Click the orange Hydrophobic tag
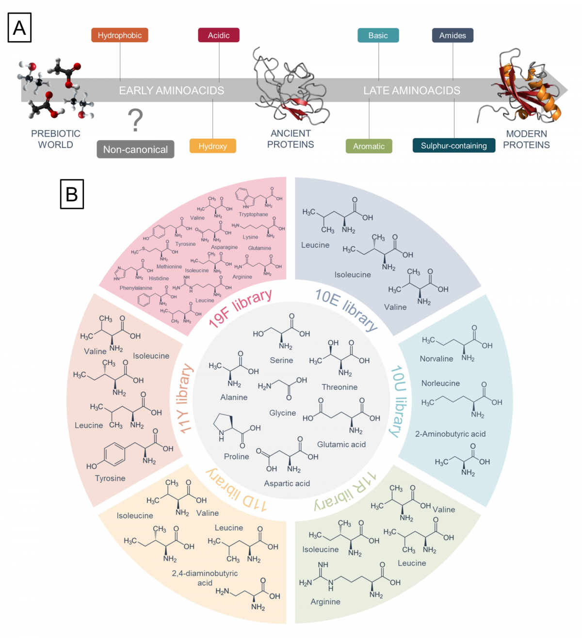119,35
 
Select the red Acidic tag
219,35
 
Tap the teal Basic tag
378,35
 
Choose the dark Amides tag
453,35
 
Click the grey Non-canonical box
135,150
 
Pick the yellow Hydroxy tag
212,146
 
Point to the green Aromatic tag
369,146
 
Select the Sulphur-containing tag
453,145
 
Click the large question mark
136,121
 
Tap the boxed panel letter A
20,28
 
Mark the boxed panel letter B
72,194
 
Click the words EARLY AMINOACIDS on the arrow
172,91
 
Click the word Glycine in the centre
282,413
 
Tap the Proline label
236,457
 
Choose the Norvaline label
436,359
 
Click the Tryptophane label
253,214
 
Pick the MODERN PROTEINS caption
526,139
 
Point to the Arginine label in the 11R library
325,602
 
